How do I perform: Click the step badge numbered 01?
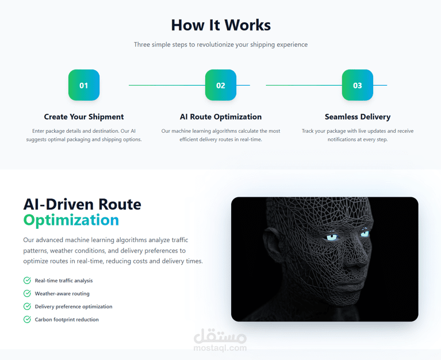click(x=84, y=85)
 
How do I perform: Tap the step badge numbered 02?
click(x=221, y=85)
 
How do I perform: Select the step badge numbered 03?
click(x=358, y=85)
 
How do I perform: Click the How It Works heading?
click(x=221, y=25)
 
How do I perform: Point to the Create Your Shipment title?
click(x=84, y=117)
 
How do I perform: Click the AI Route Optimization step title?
click(x=221, y=117)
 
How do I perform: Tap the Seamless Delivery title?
click(x=358, y=117)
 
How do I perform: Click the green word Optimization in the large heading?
click(x=71, y=220)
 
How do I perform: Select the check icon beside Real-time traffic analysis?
click(x=27, y=281)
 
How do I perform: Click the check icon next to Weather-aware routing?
click(x=27, y=293)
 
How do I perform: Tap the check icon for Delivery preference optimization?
click(x=27, y=307)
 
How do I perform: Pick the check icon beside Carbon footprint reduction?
click(x=27, y=319)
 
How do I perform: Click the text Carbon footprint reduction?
click(x=67, y=320)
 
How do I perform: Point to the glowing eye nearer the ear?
click(x=332, y=238)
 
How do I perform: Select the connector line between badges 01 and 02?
click(x=167, y=85)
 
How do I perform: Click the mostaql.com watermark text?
click(x=220, y=348)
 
